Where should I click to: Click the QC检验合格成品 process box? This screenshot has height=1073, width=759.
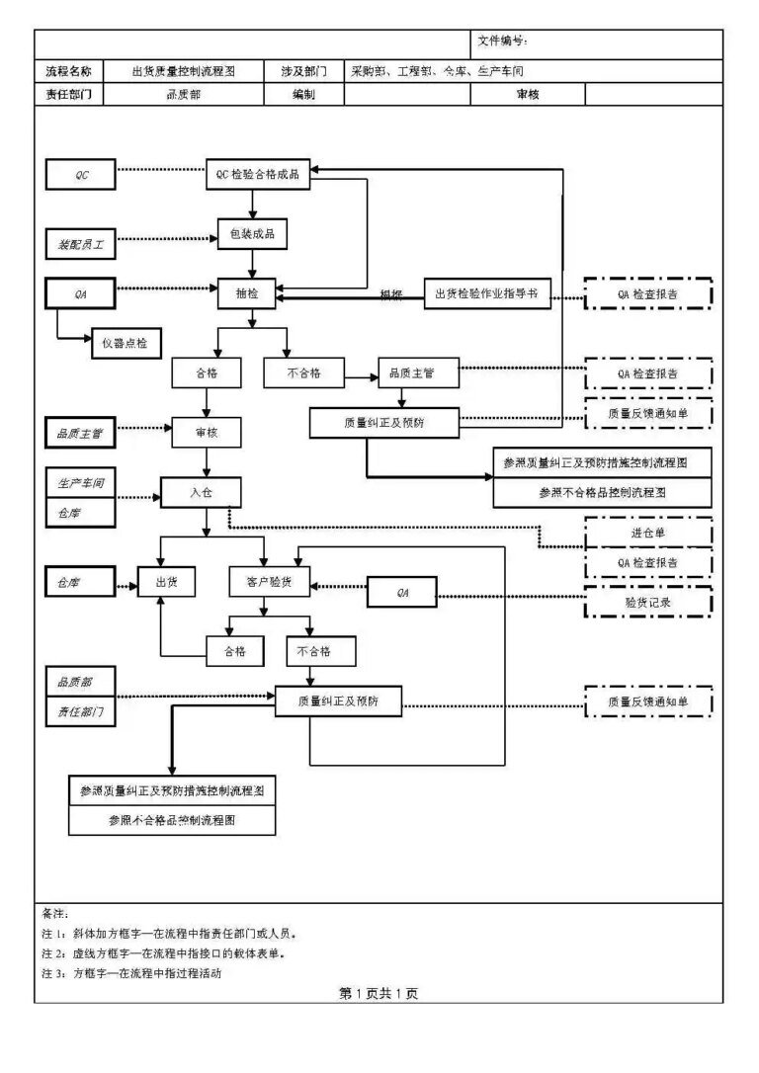(258, 175)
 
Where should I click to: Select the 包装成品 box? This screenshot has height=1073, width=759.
(252, 234)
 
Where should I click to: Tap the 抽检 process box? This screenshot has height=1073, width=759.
(246, 293)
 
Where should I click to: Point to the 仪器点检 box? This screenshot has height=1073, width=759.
(126, 342)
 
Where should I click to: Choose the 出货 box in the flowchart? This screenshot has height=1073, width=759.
(166, 582)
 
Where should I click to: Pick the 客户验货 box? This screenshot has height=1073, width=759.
(269, 582)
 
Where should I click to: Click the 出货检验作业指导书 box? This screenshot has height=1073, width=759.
(487, 292)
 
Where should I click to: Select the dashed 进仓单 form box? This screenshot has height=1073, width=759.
(647, 533)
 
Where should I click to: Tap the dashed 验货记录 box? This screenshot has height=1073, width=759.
(647, 601)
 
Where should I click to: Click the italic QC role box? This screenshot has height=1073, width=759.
(82, 175)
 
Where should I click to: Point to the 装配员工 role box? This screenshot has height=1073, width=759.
(81, 243)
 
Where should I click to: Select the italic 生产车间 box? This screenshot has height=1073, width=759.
(81, 483)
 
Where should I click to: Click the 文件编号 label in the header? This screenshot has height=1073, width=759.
(502, 41)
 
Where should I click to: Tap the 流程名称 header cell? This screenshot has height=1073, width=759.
(68, 71)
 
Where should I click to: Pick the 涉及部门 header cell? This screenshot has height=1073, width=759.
(303, 71)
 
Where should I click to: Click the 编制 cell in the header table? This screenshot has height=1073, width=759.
(303, 95)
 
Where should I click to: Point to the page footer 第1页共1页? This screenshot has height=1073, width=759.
(379, 993)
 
